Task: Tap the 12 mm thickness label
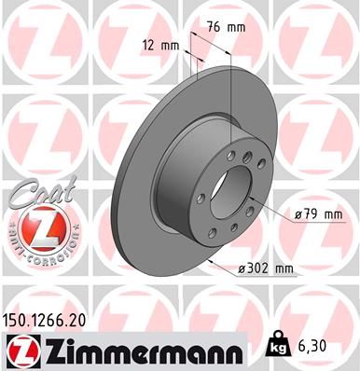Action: [160, 45]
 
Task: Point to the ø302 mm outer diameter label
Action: [267, 269]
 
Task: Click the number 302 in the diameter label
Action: [262, 269]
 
